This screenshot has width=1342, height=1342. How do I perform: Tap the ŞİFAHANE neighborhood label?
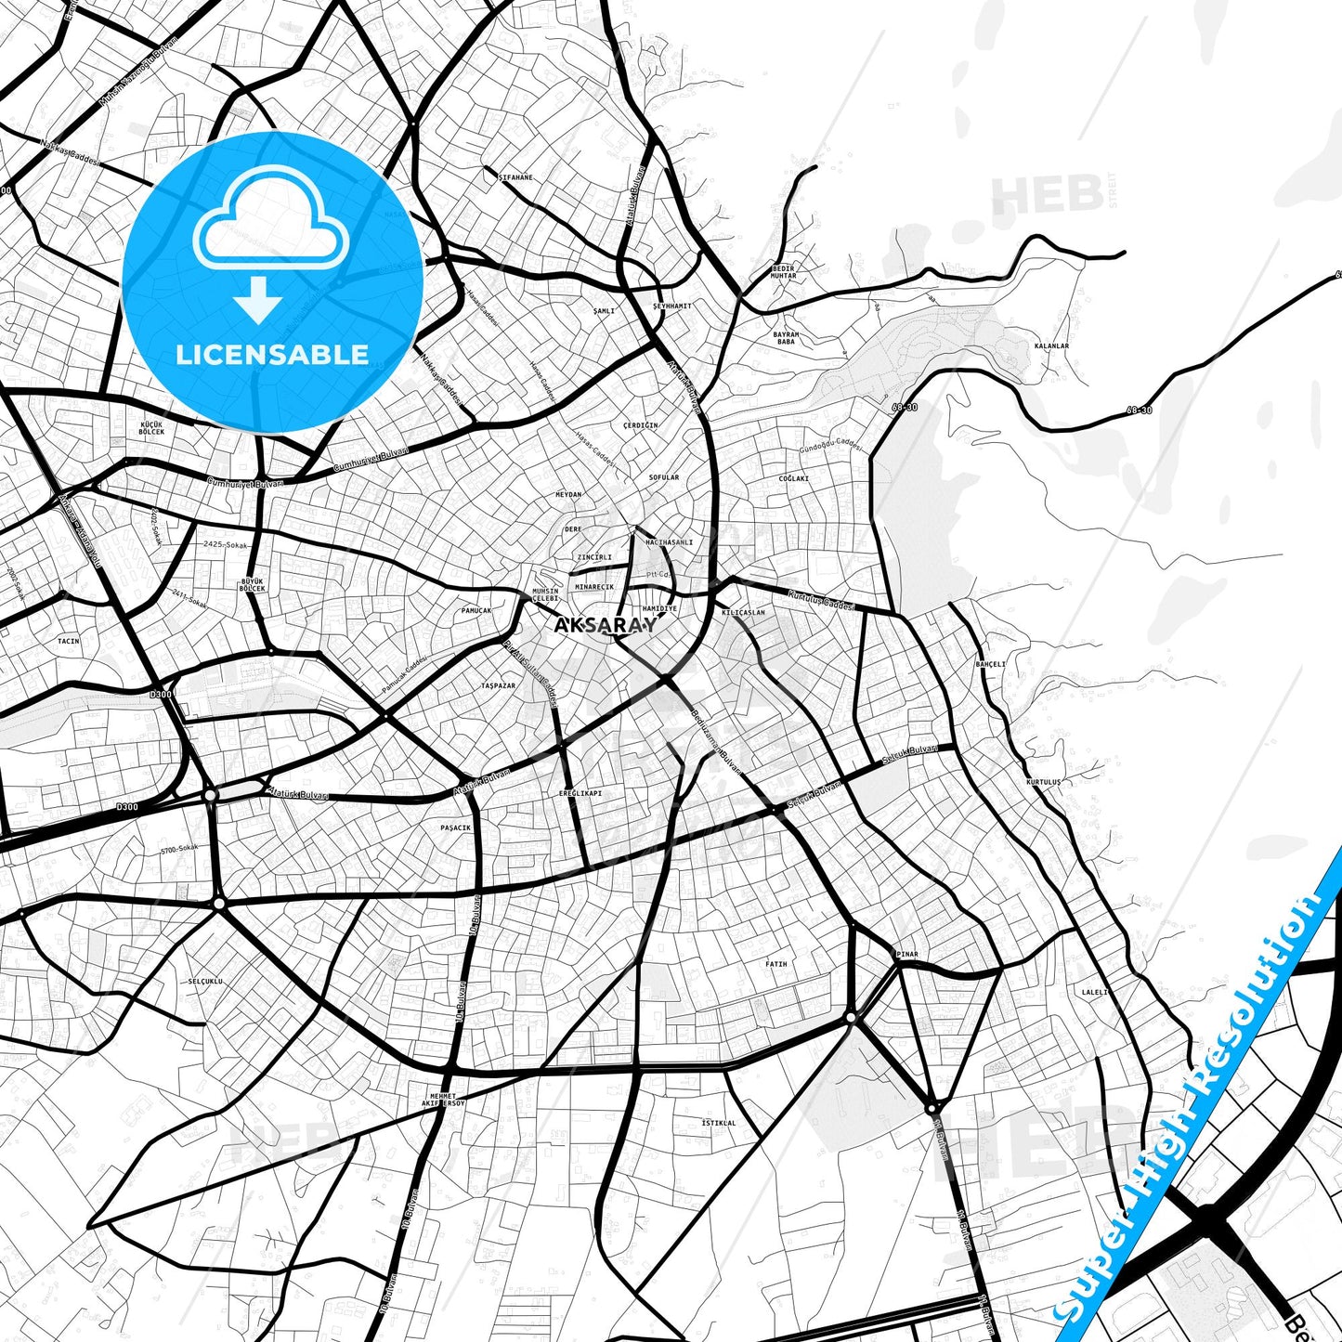(x=515, y=177)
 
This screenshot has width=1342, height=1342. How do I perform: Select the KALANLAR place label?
(x=1051, y=346)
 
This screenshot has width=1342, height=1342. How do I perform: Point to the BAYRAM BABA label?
(x=786, y=338)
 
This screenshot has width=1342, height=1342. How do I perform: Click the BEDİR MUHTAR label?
(x=784, y=272)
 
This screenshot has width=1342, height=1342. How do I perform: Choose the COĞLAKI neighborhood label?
(x=794, y=479)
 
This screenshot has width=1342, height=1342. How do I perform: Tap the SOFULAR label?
(x=664, y=477)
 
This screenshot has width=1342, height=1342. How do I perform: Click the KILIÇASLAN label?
(x=743, y=613)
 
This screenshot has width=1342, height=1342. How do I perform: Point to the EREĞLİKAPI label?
(x=580, y=793)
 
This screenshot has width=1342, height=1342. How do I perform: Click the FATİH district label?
(x=775, y=964)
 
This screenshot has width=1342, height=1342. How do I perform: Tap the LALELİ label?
(x=1095, y=992)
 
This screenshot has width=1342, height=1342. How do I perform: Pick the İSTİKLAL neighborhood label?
(x=718, y=1123)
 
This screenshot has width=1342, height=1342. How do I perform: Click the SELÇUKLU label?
(x=205, y=981)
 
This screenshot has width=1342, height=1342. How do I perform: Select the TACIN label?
(x=69, y=641)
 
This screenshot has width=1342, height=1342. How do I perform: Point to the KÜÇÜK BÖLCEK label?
(x=151, y=428)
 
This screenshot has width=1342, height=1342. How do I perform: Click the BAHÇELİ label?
(x=990, y=664)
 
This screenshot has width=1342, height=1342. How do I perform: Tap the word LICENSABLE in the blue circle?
(x=272, y=354)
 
